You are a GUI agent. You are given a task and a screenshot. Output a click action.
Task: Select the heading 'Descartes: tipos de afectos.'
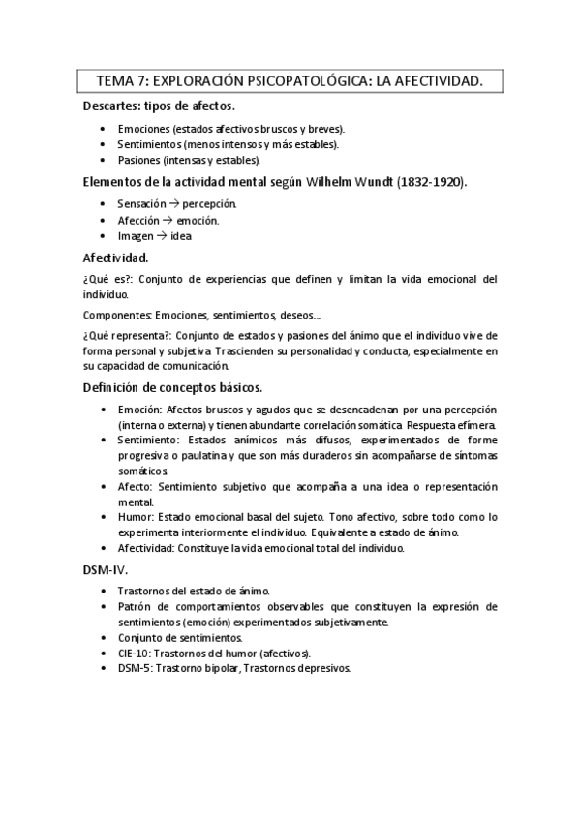click(158, 106)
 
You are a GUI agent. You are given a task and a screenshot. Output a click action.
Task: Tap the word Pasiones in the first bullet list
click(137, 160)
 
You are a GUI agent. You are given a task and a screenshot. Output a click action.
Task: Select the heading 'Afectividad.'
click(115, 258)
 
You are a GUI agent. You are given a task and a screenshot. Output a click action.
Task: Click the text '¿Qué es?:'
click(105, 279)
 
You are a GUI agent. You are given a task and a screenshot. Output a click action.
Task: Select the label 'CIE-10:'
click(136, 654)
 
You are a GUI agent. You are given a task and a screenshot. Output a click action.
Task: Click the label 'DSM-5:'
click(135, 668)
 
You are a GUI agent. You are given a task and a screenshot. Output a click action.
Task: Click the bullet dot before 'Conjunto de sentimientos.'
click(105, 638)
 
